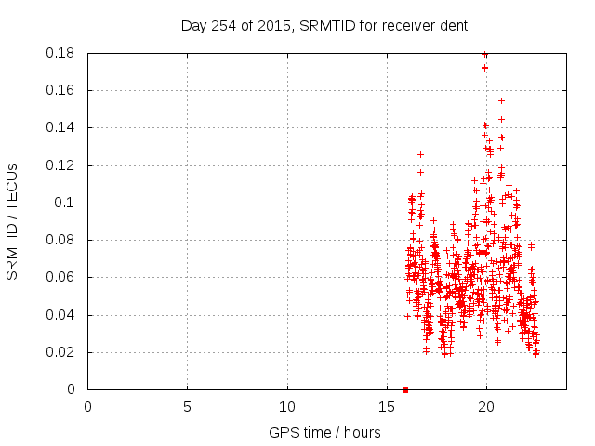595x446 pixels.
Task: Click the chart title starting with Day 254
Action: (324, 25)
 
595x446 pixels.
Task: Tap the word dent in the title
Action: (453, 25)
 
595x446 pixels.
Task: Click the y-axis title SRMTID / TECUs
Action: (13, 221)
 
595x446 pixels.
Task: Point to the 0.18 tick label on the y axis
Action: (61, 53)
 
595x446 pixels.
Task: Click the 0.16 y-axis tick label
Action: (61, 90)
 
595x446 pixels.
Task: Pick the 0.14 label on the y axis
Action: (61, 127)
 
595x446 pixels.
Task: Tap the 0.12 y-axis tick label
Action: (61, 165)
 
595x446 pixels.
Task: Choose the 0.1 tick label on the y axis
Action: (65, 203)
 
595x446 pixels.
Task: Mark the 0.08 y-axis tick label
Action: (61, 240)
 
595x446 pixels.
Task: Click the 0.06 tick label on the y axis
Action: (61, 277)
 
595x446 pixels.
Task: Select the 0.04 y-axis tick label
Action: (61, 315)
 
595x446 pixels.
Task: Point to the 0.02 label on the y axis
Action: (61, 352)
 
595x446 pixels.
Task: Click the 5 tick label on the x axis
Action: (187, 407)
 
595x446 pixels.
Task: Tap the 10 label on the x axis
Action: (287, 407)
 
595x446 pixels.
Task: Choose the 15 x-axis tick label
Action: (387, 407)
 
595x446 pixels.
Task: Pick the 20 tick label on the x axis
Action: (486, 407)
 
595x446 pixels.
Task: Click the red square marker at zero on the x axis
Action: (405, 389)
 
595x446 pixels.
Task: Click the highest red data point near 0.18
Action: (485, 54)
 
